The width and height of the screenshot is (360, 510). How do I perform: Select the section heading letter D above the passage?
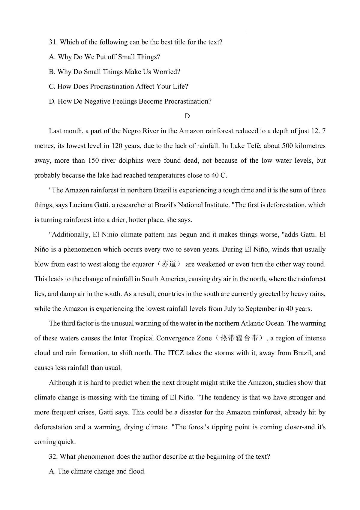[187, 116]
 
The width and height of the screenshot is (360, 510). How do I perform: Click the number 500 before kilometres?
[285, 146]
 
